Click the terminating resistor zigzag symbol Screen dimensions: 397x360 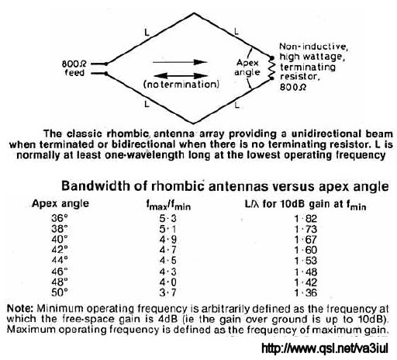click(271, 67)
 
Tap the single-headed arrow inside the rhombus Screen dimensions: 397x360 click(180, 62)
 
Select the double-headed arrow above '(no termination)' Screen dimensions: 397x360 click(181, 76)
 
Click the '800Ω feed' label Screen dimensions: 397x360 click(74, 68)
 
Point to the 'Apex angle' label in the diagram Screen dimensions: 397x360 click(247, 67)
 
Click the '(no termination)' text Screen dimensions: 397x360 click(181, 85)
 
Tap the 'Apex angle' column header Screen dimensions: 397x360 click(60, 204)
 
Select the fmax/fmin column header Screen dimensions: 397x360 click(168, 205)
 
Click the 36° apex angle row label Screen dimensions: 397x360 click(60, 218)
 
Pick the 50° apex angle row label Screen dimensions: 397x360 click(60, 292)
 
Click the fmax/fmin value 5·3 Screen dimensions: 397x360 click(168, 219)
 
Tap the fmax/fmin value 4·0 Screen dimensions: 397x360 click(168, 282)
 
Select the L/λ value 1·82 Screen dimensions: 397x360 click(306, 219)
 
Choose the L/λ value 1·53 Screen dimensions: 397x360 click(306, 261)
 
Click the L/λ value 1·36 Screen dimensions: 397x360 click(306, 292)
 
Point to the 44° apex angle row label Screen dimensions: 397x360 click(60, 260)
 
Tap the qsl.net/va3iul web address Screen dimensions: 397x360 click(325, 348)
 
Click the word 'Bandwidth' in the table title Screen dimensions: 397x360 click(95, 186)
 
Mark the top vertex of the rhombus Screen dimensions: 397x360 click(194, 13)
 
